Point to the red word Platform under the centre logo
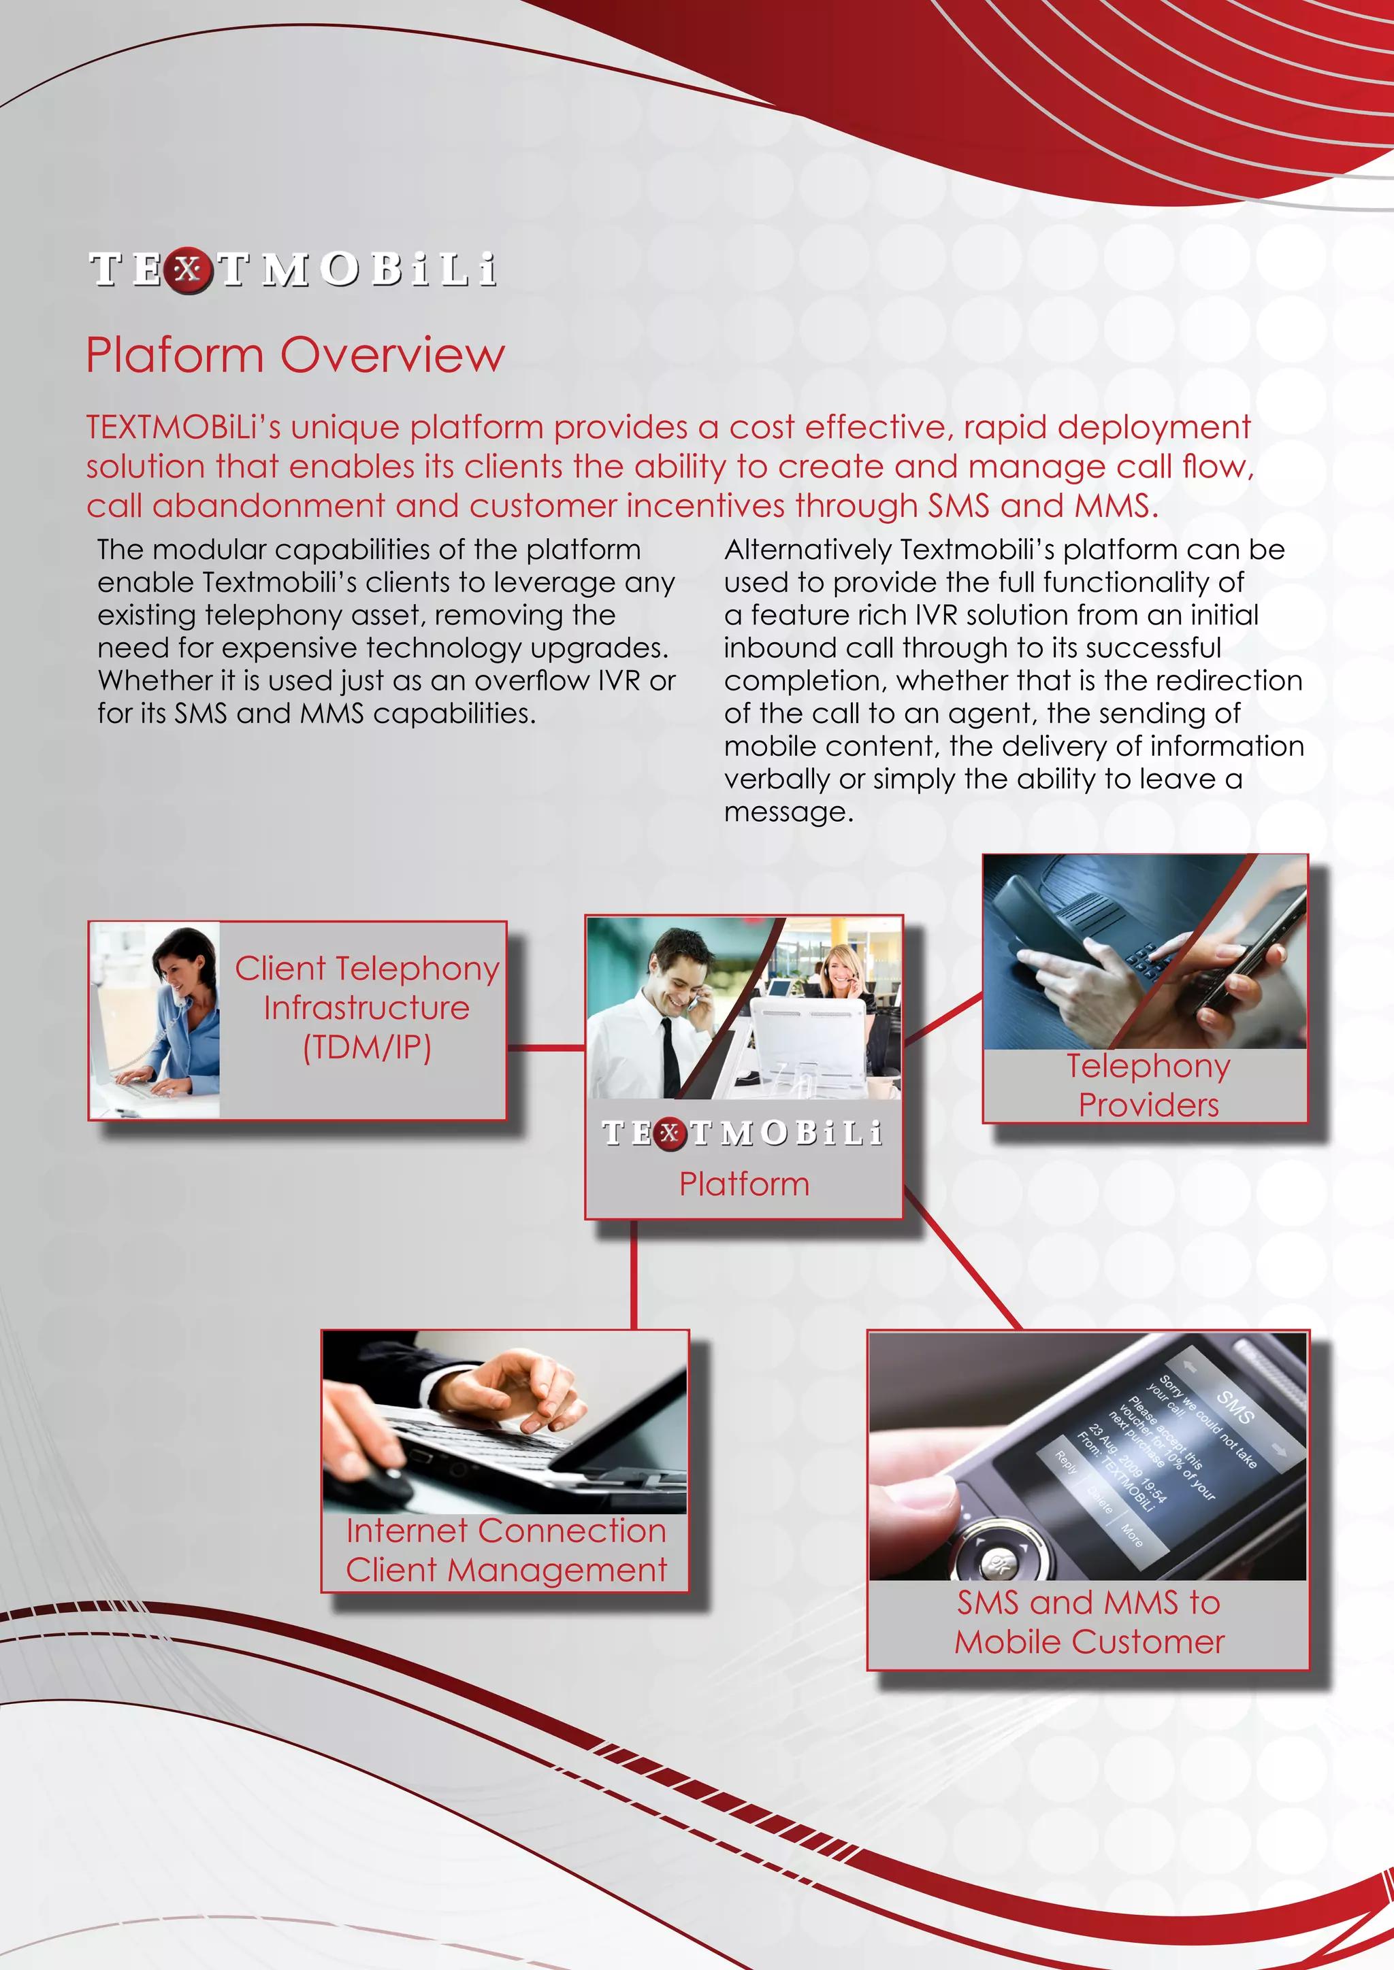(744, 1184)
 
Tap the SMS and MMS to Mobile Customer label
(1088, 1622)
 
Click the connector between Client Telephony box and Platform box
(546, 1047)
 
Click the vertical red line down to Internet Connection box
(634, 1274)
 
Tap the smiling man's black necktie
(668, 1055)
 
